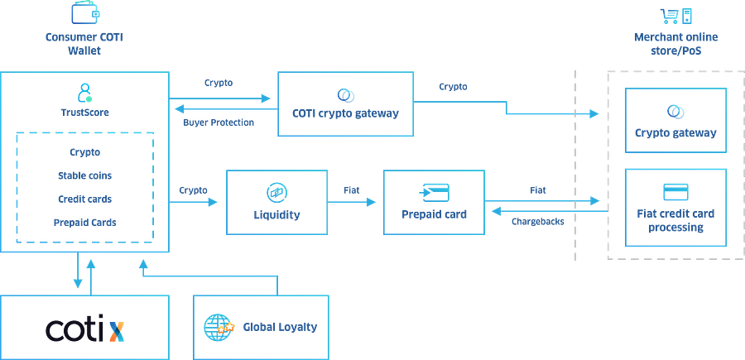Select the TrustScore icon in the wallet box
click(x=85, y=90)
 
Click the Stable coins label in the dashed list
click(x=84, y=175)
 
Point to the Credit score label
click(x=84, y=199)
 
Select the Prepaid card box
click(x=433, y=202)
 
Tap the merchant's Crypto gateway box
click(x=675, y=121)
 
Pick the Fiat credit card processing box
click(x=675, y=207)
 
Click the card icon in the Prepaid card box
click(x=434, y=192)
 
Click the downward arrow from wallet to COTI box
click(x=77, y=283)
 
